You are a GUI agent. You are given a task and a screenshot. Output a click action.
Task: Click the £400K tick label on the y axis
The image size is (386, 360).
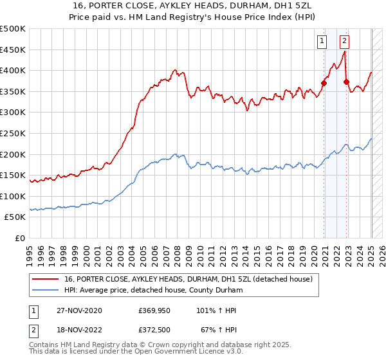(x=13, y=70)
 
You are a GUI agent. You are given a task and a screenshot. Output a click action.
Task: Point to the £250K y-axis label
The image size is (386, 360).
(x=13, y=133)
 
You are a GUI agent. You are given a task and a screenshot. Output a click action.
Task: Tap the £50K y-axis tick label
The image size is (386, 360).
(x=15, y=217)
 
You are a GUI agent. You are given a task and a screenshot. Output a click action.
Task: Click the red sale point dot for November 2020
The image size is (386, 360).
(x=324, y=82)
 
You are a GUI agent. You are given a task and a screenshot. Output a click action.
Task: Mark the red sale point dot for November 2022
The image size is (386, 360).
(x=346, y=82)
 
